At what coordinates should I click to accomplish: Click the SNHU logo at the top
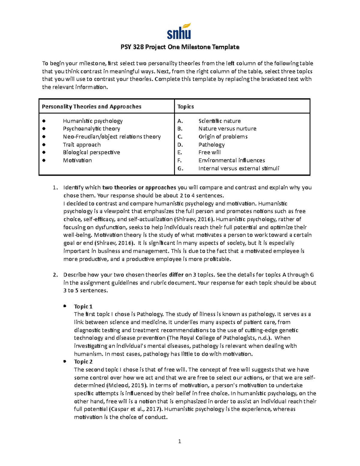[x=179, y=32]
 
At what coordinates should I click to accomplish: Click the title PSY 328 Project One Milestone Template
[x=180, y=47]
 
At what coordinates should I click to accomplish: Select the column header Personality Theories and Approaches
[x=91, y=107]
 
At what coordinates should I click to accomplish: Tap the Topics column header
[x=185, y=107]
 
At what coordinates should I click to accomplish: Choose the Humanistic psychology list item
[x=93, y=121]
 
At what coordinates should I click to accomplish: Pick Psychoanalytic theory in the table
[x=91, y=129]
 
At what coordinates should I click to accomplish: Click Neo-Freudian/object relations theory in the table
[x=112, y=137]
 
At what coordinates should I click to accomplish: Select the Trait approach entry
[x=82, y=145]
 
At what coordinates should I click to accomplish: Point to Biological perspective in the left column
[x=91, y=152]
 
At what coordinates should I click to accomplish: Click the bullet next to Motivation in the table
[x=44, y=160]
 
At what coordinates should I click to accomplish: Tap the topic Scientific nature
[x=219, y=121]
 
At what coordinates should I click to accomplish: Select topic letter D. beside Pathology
[x=180, y=145]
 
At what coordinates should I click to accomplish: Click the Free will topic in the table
[x=209, y=152]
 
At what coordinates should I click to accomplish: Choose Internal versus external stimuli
[x=238, y=168]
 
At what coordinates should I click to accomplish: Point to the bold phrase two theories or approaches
[x=139, y=188]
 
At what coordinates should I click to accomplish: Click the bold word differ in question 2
[x=176, y=275]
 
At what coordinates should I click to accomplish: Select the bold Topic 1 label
[x=83, y=306]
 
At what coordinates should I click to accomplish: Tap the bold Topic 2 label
[x=83, y=362]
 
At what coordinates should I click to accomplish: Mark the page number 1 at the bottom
[x=179, y=441]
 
